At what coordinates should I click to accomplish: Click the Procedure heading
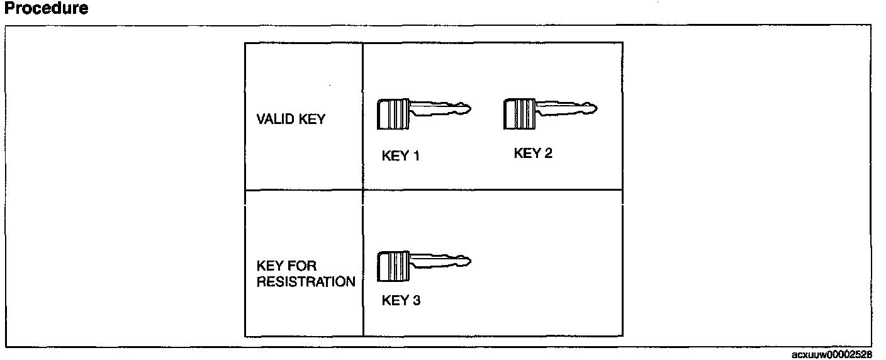(x=46, y=9)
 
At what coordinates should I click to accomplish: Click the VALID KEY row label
(x=291, y=119)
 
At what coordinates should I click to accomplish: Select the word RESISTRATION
(x=306, y=282)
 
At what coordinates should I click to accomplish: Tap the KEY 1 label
(x=400, y=156)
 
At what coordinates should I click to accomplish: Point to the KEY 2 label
(x=533, y=153)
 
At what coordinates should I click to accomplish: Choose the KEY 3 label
(x=401, y=300)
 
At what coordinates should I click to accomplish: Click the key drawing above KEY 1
(x=424, y=113)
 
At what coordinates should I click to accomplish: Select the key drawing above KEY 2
(x=550, y=113)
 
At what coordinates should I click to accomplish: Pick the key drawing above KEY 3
(x=424, y=265)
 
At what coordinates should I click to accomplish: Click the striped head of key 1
(x=393, y=114)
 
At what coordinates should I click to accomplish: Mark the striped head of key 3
(x=393, y=266)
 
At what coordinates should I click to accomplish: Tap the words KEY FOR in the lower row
(x=286, y=266)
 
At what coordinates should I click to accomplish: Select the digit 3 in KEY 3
(x=416, y=300)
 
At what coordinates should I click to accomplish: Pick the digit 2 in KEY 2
(x=548, y=153)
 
